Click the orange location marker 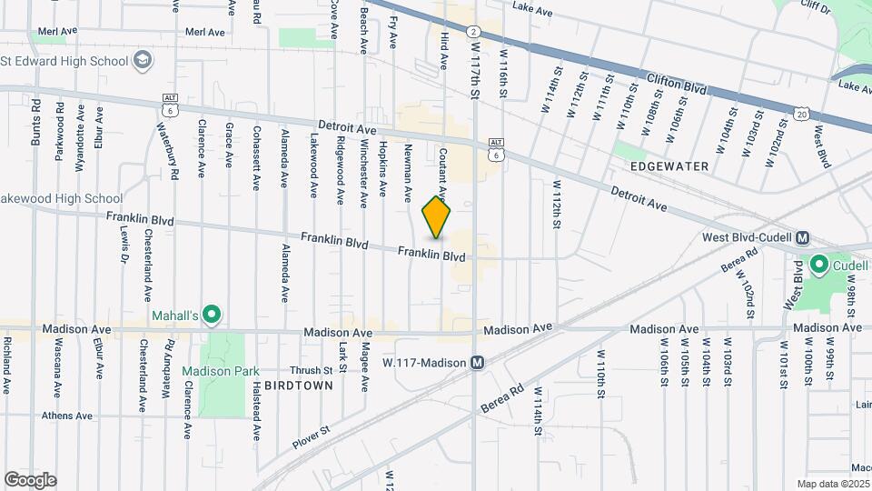point(437,217)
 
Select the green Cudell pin point(818,266)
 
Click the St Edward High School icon point(143,61)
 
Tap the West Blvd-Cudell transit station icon point(802,238)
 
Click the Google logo point(30,480)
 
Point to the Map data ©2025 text point(832,484)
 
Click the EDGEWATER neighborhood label point(668,166)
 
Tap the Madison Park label point(220,371)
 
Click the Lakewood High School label point(62,198)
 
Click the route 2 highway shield point(473,32)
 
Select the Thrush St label point(311,370)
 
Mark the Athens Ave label point(67,416)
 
